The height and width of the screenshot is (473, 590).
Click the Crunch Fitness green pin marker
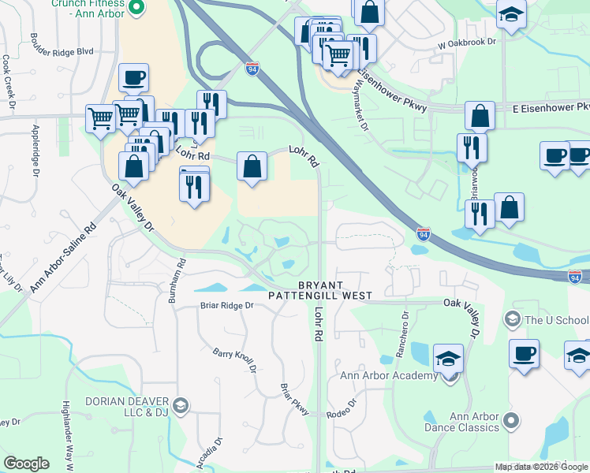coord(136,8)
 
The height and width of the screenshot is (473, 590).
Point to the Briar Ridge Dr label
coord(226,305)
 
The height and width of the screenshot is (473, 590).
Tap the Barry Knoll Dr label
coord(236,361)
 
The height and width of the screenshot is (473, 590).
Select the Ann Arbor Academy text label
coord(388,375)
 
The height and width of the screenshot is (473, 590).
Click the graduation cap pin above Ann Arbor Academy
coord(449,357)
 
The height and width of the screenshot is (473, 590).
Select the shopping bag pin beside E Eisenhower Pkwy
coord(480,117)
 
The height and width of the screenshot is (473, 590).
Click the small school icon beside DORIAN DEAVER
coord(180,406)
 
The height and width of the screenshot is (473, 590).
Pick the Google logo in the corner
coord(26,464)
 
